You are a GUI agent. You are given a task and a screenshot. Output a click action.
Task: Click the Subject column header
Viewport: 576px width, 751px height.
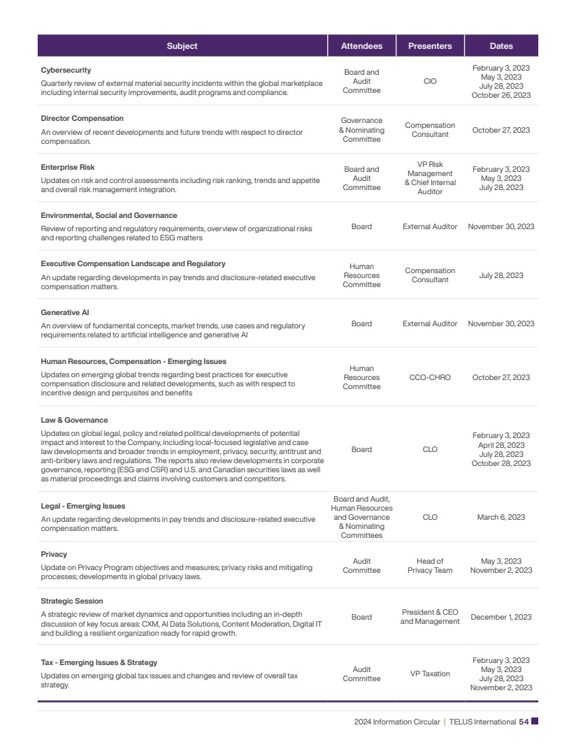pyautogui.click(x=182, y=46)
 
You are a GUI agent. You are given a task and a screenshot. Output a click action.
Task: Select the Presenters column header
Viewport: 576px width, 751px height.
pyautogui.click(x=430, y=46)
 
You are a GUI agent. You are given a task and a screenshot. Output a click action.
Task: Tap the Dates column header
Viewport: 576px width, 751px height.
pyautogui.click(x=501, y=46)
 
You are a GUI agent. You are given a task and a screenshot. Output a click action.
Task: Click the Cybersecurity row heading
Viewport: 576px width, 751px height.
pyautogui.click(x=66, y=71)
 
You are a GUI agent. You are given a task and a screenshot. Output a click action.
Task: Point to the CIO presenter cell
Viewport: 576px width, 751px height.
pyautogui.click(x=430, y=82)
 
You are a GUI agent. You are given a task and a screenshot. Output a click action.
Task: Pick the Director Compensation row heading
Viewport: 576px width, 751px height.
pyautogui.click(x=82, y=119)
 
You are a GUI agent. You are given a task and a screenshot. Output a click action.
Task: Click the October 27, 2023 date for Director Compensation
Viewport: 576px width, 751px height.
pyautogui.click(x=501, y=130)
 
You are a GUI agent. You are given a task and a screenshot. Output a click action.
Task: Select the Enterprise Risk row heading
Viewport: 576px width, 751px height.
pyautogui.click(x=68, y=168)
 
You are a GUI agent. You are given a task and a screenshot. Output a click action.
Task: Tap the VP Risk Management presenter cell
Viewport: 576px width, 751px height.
pyautogui.click(x=430, y=178)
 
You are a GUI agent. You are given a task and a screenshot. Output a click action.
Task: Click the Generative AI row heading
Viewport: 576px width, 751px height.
pyautogui.click(x=65, y=313)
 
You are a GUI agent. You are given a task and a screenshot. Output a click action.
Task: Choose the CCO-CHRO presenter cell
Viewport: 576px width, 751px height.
pyautogui.click(x=430, y=378)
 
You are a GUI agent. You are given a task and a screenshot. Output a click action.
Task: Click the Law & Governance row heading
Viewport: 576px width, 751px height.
pyautogui.click(x=74, y=421)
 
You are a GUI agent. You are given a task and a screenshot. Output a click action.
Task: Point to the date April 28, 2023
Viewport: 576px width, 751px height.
pyautogui.click(x=501, y=445)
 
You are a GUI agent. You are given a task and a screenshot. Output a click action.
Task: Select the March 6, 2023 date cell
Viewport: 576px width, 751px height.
pyautogui.click(x=501, y=518)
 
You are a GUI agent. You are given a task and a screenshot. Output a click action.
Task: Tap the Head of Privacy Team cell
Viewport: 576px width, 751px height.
pyautogui.click(x=430, y=566)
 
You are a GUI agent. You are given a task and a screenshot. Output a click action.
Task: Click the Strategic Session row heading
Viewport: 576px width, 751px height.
pyautogui.click(x=72, y=601)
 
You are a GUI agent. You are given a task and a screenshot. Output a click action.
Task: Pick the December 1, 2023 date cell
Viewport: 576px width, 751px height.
pyautogui.click(x=501, y=618)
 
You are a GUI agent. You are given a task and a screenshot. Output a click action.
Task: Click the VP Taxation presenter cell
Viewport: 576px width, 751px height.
pyautogui.click(x=430, y=674)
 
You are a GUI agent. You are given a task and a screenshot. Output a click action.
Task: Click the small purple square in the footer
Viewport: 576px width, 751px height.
pyautogui.click(x=535, y=722)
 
